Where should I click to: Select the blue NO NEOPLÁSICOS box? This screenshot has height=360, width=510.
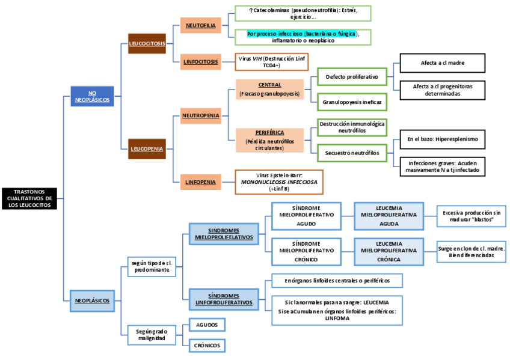pos(92,96)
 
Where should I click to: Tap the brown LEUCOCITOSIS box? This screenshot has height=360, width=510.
pos(147,44)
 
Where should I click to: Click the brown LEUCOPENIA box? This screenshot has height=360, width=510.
pos(147,148)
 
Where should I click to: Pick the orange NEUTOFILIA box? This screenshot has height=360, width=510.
pos(201,25)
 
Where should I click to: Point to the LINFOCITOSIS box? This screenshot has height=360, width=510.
pos(201,62)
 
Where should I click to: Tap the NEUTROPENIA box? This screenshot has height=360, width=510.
pos(201,115)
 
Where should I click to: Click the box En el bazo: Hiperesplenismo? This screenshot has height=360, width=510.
pos(442,139)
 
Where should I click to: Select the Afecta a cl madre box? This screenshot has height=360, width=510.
pos(442,63)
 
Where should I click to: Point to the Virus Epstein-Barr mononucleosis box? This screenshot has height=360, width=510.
pos(279,182)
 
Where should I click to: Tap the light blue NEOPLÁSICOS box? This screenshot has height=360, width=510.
pos(92,299)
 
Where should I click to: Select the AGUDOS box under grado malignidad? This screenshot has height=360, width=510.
pos(207,325)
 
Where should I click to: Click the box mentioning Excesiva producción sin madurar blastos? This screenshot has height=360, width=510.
pos(472,216)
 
